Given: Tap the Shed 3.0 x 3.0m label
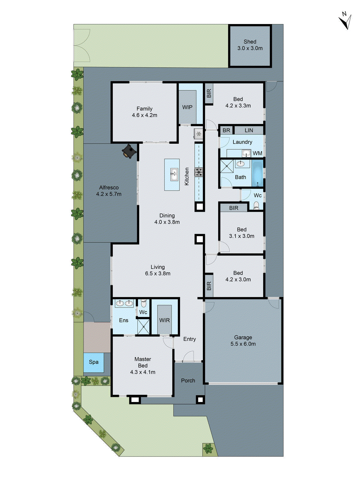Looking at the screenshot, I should point(250,45).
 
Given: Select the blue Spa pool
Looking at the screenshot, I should point(94,362).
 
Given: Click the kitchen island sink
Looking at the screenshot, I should point(174,175).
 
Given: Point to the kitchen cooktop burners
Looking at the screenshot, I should point(199,172).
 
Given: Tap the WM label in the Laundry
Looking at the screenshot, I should point(257,153).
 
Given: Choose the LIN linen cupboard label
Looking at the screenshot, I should point(249,130).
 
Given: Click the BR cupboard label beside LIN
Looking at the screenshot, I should point(226,130).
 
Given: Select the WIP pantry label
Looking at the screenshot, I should point(187,107).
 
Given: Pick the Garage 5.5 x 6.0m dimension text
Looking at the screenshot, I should point(243,344).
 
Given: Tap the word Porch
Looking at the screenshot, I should point(188,380).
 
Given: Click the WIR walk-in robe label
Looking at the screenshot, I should point(164,320).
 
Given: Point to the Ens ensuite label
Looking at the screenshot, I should point(124,320).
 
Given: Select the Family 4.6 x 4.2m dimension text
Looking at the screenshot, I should point(145,115).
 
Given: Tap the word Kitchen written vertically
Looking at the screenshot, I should point(187,176).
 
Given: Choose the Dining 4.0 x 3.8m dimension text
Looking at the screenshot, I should point(167,222).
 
